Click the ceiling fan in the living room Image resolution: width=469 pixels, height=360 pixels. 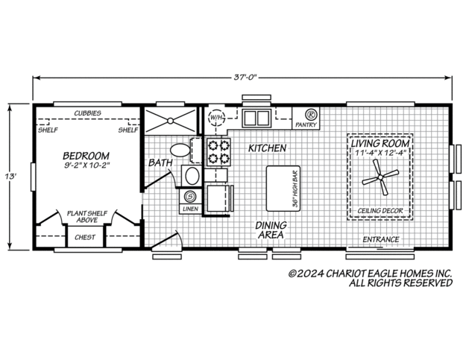380,177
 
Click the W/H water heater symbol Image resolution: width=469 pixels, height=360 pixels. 215,118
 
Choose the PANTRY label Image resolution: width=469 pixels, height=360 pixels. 306,124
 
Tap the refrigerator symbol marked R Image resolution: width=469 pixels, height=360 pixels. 311,115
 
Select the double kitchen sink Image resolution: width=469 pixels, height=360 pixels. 258,118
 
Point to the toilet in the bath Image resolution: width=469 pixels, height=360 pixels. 180,148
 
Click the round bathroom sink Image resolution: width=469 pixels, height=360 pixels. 191,177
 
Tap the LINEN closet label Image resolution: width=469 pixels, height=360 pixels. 189,209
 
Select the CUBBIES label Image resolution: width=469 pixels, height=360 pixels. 88,113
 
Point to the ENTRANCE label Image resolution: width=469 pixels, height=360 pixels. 380,239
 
